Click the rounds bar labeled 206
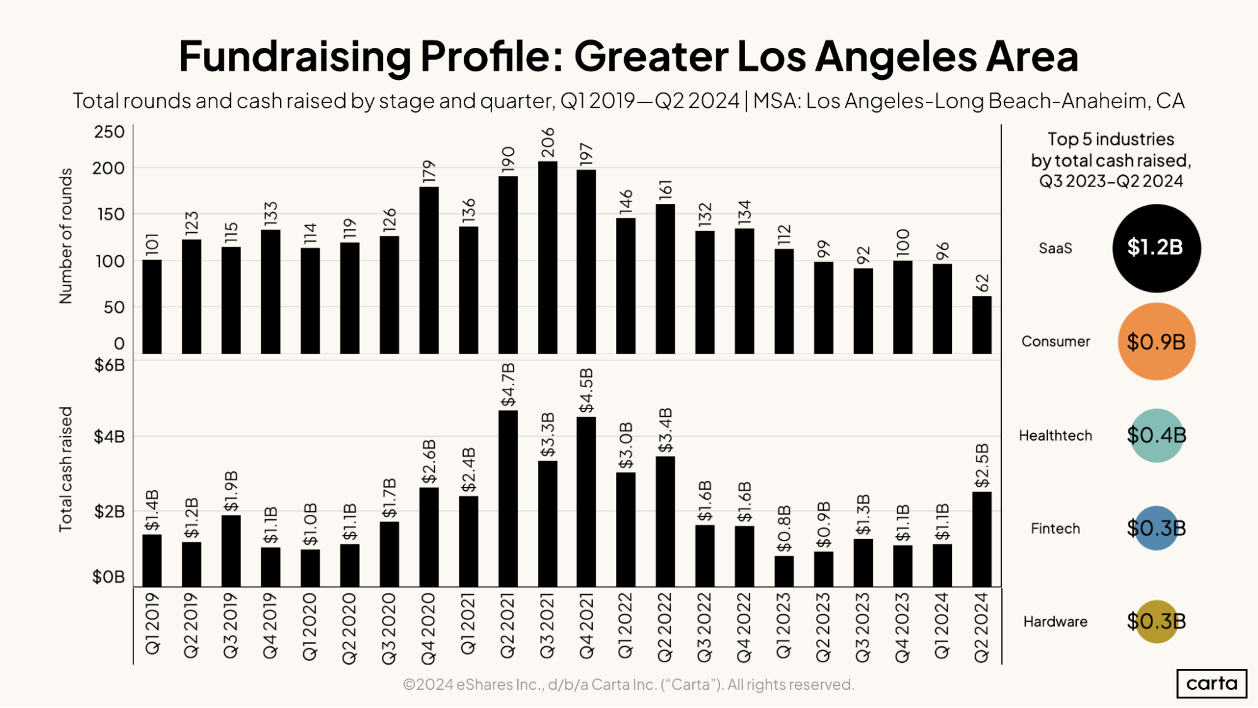(x=548, y=257)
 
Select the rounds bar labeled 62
(x=982, y=325)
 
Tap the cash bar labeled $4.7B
(x=508, y=498)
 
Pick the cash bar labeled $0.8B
(x=783, y=571)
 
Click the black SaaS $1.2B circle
(x=1156, y=248)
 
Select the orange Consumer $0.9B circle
(x=1156, y=342)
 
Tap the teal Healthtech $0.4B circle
(x=1156, y=435)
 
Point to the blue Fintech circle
(x=1156, y=528)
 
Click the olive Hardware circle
(x=1156, y=621)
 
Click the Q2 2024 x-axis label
(x=982, y=627)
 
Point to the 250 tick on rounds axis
(x=110, y=132)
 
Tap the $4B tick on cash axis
(x=109, y=437)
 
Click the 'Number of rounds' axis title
(x=65, y=236)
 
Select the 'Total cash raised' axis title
(x=65, y=469)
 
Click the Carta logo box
(x=1211, y=683)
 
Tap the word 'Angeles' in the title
(x=896, y=57)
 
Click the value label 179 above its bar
(x=429, y=172)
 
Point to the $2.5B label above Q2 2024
(x=982, y=466)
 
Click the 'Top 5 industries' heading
(x=1110, y=139)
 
